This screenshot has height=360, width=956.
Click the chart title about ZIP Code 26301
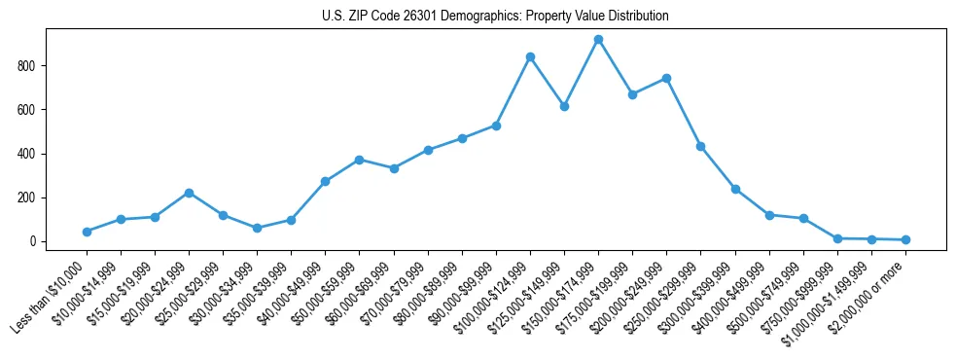point(495,17)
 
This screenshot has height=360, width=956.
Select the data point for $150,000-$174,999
point(598,40)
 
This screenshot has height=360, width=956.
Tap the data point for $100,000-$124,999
point(530,56)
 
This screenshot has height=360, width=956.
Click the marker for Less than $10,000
point(87,232)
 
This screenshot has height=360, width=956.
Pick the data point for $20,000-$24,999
point(189,193)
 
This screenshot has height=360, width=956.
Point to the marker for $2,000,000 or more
point(905,239)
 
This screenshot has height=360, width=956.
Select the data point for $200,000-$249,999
point(666,78)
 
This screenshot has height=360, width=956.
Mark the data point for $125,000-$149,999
point(564,106)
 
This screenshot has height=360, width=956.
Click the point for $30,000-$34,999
point(257,228)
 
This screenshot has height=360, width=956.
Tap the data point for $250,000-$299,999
point(700,146)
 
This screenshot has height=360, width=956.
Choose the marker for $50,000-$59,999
point(359,160)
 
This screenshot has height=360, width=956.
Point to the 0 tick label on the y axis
point(32,241)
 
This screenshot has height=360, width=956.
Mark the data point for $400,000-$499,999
point(769,215)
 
